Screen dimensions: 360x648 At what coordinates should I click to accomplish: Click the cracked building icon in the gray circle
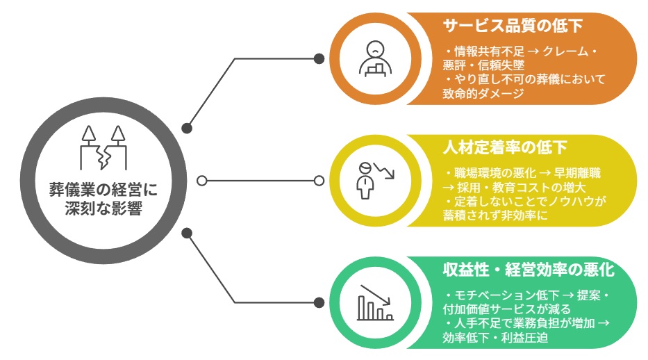[104, 148]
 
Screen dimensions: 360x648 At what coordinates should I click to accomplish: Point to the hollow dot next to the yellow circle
[319, 181]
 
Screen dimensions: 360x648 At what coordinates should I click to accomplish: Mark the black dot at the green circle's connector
[319, 302]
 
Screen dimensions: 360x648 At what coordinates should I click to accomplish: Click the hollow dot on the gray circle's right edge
[201, 181]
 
